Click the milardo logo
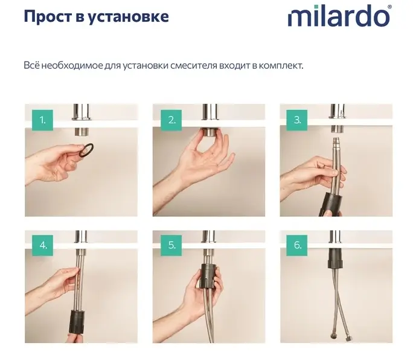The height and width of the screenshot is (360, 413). point(339,16)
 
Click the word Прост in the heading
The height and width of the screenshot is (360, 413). point(47,16)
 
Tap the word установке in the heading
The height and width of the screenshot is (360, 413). point(127,17)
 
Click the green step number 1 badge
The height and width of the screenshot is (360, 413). point(42,120)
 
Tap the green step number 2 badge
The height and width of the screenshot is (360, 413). point(171,120)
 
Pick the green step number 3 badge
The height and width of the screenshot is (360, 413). point(297,120)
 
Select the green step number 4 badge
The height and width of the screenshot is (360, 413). point(42,245)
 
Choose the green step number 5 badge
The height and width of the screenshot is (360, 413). point(171,245)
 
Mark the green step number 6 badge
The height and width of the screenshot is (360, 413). point(297,245)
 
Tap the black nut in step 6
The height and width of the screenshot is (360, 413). point(336,259)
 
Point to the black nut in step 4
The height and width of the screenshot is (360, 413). point(77,321)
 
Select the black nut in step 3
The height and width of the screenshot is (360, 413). point(330,204)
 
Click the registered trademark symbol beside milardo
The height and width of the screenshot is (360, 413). point(389,7)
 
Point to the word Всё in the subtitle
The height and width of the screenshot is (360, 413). point(31,65)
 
